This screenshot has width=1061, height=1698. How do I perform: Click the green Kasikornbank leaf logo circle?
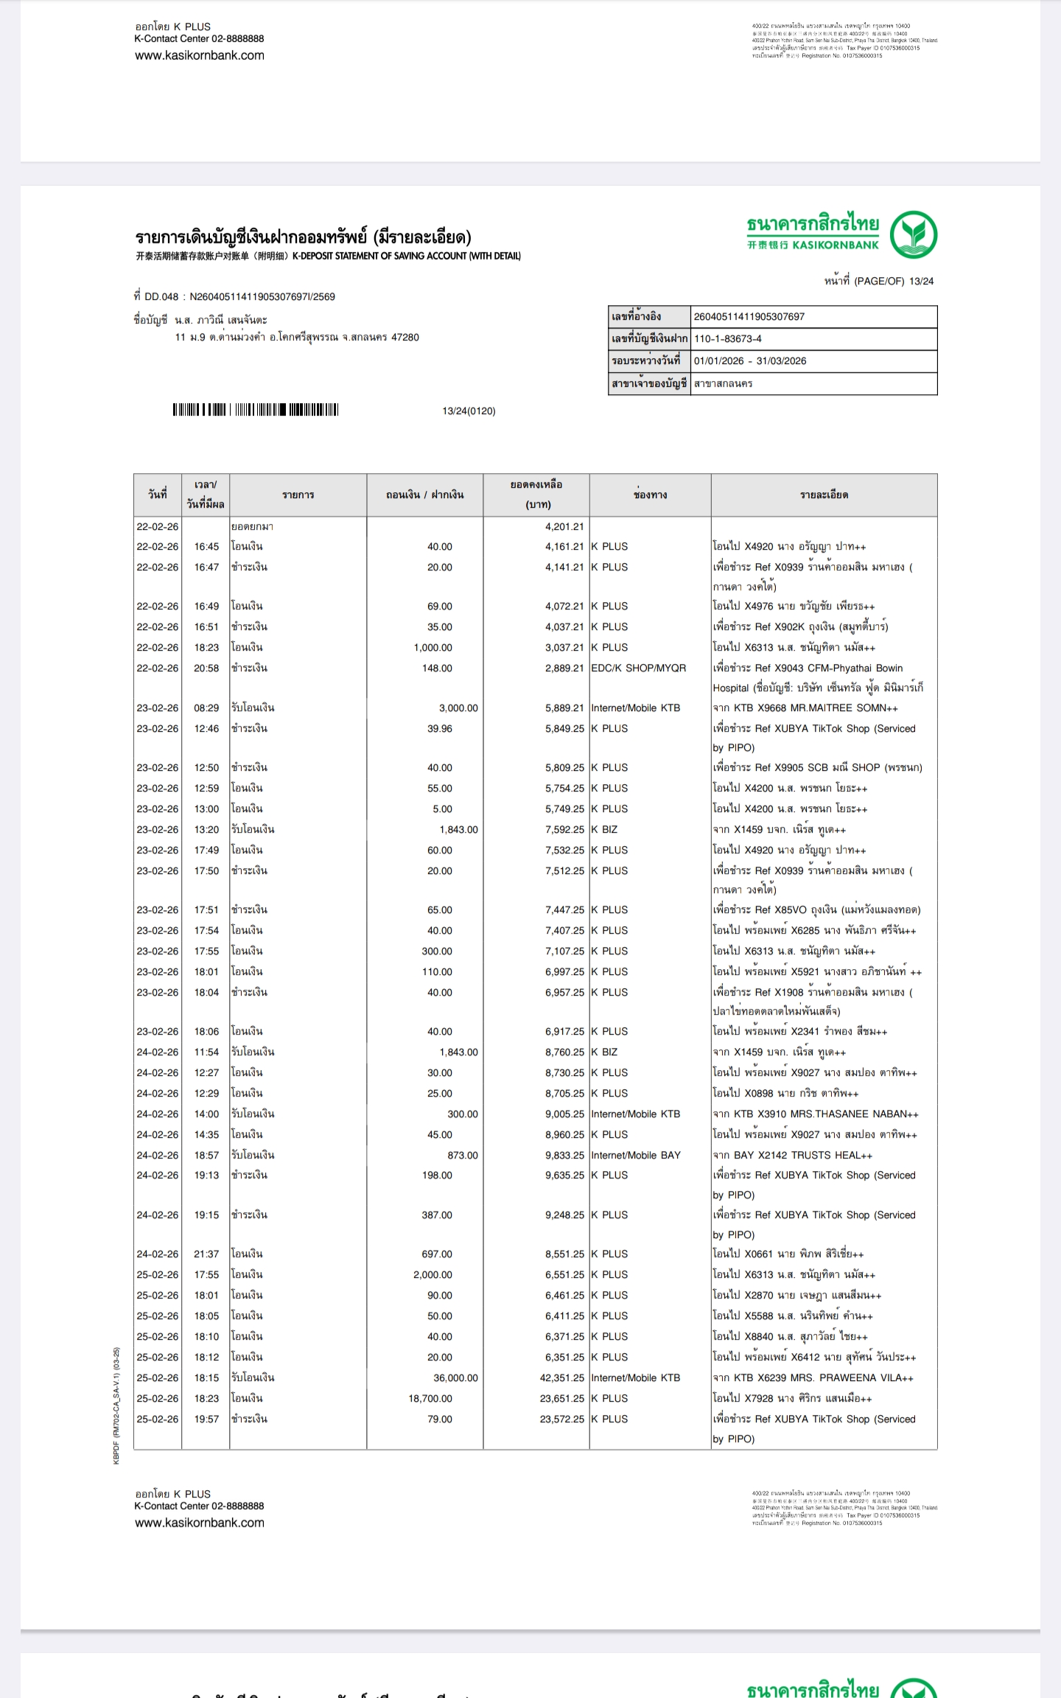pos(913,234)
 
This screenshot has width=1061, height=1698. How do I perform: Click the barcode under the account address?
pos(255,410)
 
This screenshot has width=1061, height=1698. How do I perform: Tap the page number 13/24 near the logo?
pos(921,281)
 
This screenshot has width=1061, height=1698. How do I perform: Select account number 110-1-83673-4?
pos(727,339)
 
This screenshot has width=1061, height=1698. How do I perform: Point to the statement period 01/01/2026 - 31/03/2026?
pos(749,361)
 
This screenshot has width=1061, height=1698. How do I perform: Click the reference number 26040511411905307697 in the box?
pos(749,317)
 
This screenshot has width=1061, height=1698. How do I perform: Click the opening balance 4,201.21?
pos(564,527)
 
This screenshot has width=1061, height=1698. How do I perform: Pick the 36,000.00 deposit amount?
pos(455,1377)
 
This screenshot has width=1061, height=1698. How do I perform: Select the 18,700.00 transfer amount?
pos(430,1398)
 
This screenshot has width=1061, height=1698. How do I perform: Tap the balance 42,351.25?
pos(561,1377)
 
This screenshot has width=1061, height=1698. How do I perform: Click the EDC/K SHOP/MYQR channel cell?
pos(638,668)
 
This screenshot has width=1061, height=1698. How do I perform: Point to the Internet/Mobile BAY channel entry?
pos(635,1155)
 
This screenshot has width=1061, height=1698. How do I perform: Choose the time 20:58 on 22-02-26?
pos(206,668)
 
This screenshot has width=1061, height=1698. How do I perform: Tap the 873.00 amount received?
pos(462,1155)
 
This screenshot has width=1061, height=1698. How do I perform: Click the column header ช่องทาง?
pos(650,495)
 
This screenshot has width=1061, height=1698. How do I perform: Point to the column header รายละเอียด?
pos(824,495)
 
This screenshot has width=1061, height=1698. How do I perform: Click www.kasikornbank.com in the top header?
pos(200,55)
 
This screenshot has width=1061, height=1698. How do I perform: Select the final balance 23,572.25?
pos(561,1419)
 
